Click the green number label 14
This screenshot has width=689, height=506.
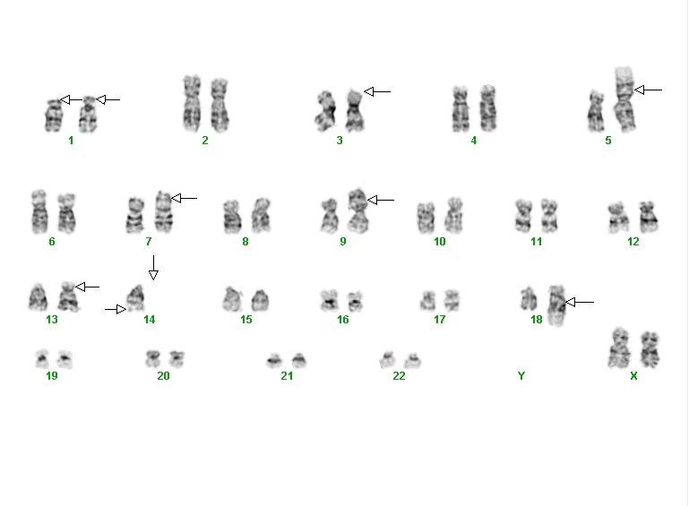[x=150, y=320]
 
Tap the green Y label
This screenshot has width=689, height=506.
[x=521, y=375]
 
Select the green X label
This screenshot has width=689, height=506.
[x=633, y=375]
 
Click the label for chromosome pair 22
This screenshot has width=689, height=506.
[x=399, y=375]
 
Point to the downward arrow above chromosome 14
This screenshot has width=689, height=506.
[x=153, y=268]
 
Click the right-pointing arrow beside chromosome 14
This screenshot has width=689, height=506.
[x=116, y=309]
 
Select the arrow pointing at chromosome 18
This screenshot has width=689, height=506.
[x=580, y=302]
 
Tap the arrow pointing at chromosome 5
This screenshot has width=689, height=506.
[x=649, y=90]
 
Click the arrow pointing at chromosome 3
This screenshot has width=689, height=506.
[x=377, y=92]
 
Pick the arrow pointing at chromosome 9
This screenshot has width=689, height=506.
[x=381, y=200]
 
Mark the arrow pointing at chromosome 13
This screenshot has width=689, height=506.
[x=88, y=287]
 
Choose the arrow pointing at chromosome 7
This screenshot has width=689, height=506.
[x=184, y=198]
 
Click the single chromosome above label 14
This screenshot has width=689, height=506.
[x=136, y=298]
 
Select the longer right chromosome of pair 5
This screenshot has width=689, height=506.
[x=624, y=99]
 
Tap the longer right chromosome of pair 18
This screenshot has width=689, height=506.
[x=557, y=305]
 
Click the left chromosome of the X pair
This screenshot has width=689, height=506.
[x=620, y=347]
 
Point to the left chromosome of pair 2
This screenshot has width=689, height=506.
[x=192, y=103]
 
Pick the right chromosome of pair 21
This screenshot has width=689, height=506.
[x=298, y=360]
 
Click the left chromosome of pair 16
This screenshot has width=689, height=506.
[x=330, y=300]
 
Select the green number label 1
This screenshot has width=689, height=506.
[x=71, y=140]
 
